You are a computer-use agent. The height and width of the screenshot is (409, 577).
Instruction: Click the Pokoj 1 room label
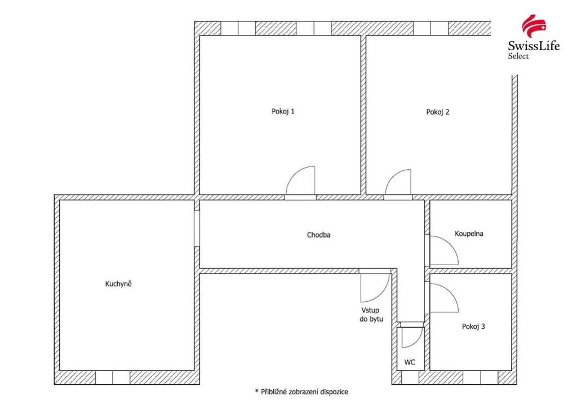pyautogui.click(x=283, y=111)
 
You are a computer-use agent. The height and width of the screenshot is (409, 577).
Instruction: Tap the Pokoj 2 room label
pyautogui.click(x=437, y=112)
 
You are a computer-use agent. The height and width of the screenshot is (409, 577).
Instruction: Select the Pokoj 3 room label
pyautogui.click(x=473, y=327)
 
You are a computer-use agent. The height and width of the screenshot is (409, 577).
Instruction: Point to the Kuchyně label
pyautogui.click(x=118, y=284)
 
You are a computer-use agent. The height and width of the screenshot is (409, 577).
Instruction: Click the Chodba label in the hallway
pyautogui.click(x=319, y=235)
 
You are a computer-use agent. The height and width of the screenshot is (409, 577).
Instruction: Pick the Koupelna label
pyautogui.click(x=469, y=234)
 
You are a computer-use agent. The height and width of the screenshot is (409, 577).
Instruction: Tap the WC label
pyautogui.click(x=410, y=362)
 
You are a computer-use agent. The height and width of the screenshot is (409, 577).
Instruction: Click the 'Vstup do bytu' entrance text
pyautogui.click(x=371, y=315)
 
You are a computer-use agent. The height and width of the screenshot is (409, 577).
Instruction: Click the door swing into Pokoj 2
pyautogui.click(x=392, y=176)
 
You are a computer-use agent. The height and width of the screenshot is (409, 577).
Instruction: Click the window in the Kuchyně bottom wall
pyautogui.click(x=113, y=377)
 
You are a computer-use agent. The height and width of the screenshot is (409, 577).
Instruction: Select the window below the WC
pyautogui.click(x=410, y=377)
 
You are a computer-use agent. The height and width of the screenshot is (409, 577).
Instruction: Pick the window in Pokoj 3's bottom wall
pyautogui.click(x=480, y=377)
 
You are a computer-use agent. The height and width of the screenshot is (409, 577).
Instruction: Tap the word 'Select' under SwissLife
pyautogui.click(x=518, y=56)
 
